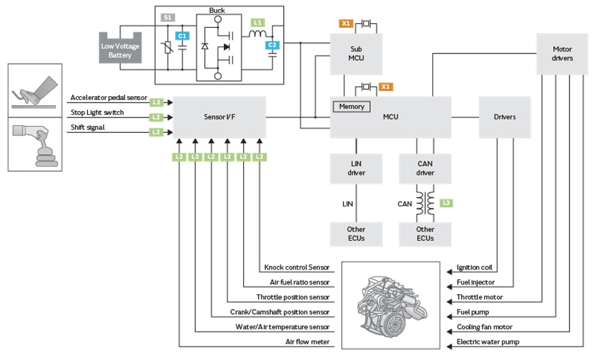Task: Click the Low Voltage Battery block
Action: coord(121,49)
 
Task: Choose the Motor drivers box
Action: coord(562,53)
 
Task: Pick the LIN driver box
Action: coord(356,168)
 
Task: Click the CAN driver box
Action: coord(425,168)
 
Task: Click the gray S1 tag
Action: coord(166,18)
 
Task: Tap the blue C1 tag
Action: coord(182,36)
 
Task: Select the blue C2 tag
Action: coord(273,45)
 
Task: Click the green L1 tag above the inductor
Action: coord(258,23)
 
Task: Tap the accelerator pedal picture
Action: coord(35,91)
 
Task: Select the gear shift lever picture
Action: coord(35,146)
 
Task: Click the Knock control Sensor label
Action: coord(297,268)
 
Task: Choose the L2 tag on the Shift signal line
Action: coord(156,132)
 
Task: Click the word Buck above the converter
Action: coord(217,10)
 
